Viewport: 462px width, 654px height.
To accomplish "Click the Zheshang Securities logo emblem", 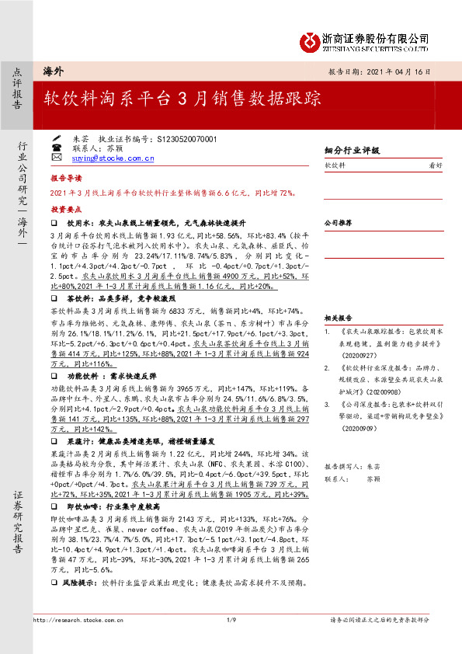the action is point(311,39).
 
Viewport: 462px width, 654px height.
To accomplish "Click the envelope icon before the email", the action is point(57,158).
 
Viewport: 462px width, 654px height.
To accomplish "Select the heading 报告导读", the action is point(66,178).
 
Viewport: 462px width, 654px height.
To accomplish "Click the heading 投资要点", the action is point(66,210).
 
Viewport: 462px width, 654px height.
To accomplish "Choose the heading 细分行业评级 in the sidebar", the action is point(351,150).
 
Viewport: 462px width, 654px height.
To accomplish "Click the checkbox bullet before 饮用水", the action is point(54,221).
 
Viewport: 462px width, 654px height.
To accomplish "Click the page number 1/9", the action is point(231,619).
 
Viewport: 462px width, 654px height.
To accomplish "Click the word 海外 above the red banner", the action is point(53,70).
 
